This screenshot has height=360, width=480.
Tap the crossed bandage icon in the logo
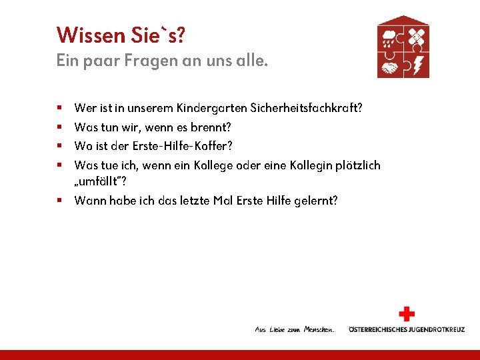(417, 36)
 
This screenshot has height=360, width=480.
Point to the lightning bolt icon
(417, 66)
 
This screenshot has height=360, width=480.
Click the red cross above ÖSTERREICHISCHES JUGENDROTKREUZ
(406, 314)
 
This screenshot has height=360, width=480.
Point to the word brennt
(213, 127)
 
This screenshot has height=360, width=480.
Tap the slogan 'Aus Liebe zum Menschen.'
(294, 329)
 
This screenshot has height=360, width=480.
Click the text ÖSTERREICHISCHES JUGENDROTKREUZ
(407, 329)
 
